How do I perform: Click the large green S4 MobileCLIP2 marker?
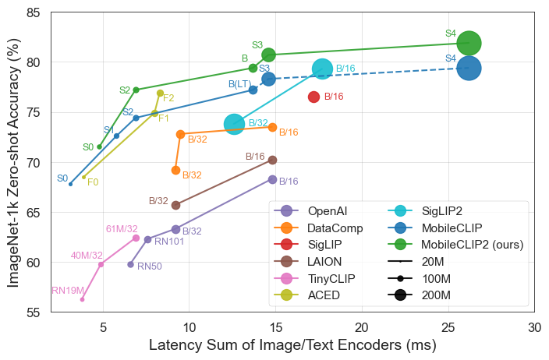tap(469, 43)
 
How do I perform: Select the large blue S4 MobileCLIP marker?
tap(469, 69)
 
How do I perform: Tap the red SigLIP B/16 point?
tap(313, 97)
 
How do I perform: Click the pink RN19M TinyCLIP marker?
tap(82, 299)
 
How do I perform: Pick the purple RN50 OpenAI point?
tap(130, 265)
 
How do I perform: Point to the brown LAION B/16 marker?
tap(272, 160)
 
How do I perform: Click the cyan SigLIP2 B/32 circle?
tap(234, 124)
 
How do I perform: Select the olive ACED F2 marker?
tap(160, 94)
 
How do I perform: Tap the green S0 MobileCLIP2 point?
tap(99, 147)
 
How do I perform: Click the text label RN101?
tap(169, 242)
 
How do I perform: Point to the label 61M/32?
tap(122, 228)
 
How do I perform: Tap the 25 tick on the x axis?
tap(448, 329)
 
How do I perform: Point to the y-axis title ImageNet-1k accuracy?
tap(13, 162)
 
